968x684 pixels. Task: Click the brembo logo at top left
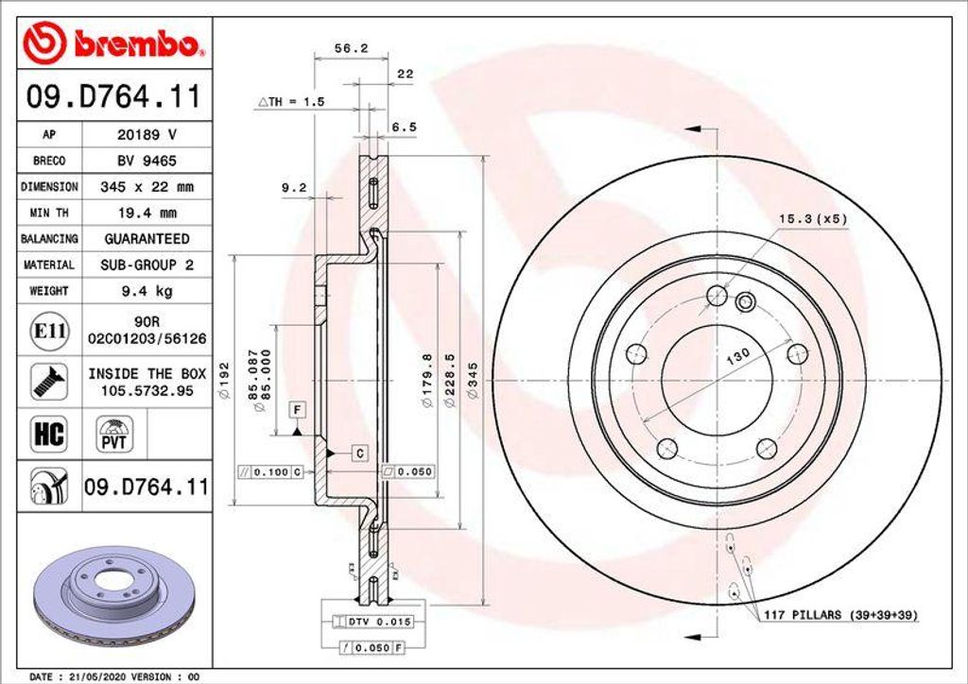(x=112, y=43)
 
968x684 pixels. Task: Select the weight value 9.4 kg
(x=147, y=292)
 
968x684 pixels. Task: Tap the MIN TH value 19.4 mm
(x=147, y=214)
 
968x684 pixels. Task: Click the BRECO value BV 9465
(x=147, y=161)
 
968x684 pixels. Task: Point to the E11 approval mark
(x=49, y=331)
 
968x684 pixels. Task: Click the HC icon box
(x=49, y=434)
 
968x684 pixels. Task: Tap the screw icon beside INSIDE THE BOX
(x=49, y=382)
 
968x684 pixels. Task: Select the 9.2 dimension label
(x=294, y=188)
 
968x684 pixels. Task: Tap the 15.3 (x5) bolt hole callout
(x=812, y=219)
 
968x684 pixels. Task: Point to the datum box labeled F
(x=297, y=409)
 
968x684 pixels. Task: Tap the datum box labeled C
(x=359, y=453)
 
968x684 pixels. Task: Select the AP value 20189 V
(x=147, y=134)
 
